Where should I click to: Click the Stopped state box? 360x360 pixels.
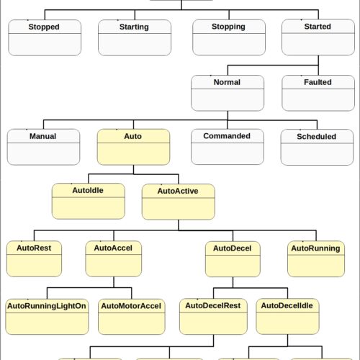point(45,37)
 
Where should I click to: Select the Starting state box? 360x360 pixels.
point(135,37)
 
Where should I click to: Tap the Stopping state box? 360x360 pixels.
point(229,37)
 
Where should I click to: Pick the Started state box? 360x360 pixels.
point(318,37)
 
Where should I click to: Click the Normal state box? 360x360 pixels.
point(228,93)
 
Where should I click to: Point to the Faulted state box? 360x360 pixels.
point(318,93)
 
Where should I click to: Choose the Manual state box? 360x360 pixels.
point(43,147)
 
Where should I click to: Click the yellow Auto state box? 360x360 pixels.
point(133,147)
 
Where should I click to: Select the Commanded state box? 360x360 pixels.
point(228,147)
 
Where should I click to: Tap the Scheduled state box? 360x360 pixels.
point(317,148)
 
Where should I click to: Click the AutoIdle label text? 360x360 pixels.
point(88,190)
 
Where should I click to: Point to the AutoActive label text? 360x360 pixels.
point(178,191)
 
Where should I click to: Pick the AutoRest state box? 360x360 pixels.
point(34,258)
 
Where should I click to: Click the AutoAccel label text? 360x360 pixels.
point(113,248)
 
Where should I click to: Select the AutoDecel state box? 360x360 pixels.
point(233,259)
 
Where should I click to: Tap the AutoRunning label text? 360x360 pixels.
point(315,248)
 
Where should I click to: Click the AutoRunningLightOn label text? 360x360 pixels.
point(47,306)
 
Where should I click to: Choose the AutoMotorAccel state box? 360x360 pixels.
point(132,317)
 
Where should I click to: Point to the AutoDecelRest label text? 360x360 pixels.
point(213,305)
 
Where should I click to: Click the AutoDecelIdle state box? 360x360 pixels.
point(287,317)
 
